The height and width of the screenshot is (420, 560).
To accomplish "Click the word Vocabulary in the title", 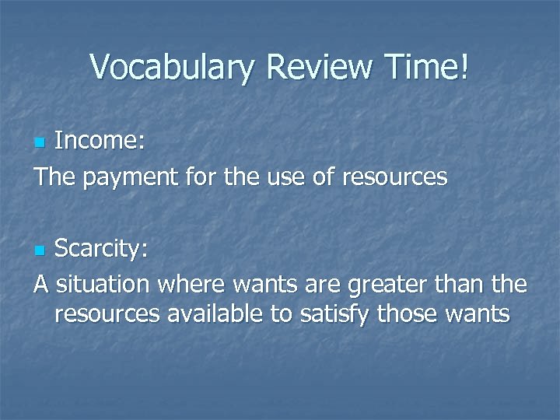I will pos(172,68).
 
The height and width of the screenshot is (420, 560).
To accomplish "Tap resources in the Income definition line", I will pos(391,178).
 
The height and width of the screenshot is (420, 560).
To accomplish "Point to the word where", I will pos(191,284).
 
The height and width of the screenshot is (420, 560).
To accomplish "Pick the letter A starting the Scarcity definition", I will pos(42,284).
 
